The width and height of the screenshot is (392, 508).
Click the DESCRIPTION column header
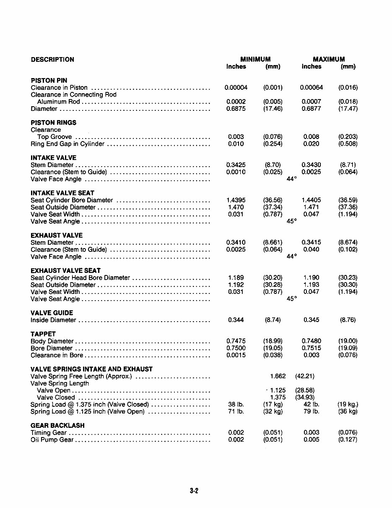[52, 60]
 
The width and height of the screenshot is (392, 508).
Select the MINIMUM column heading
[255, 60]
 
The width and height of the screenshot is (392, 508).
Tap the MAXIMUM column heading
[329, 60]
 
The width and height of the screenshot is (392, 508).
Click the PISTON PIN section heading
[49, 81]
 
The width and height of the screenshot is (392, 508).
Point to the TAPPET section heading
[43, 334]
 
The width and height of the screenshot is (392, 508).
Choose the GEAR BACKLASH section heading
[57, 426]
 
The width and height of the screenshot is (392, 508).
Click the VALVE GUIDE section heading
[52, 313]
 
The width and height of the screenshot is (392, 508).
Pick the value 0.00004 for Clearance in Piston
[236, 88]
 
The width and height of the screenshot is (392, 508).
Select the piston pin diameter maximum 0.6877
[311, 109]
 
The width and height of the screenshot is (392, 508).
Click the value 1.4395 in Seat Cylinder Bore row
[236, 200]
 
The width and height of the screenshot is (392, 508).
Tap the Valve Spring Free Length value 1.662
[278, 376]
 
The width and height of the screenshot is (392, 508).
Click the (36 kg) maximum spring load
[348, 411]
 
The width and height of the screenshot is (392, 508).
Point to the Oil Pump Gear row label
[52, 440]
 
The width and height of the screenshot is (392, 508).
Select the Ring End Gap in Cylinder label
[67, 144]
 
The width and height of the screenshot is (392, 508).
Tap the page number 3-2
[194, 490]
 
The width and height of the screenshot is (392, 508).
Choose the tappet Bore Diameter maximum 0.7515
[311, 348]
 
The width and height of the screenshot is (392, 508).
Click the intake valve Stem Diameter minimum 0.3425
[236, 165]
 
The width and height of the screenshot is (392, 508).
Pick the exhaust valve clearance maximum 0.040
[311, 249]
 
